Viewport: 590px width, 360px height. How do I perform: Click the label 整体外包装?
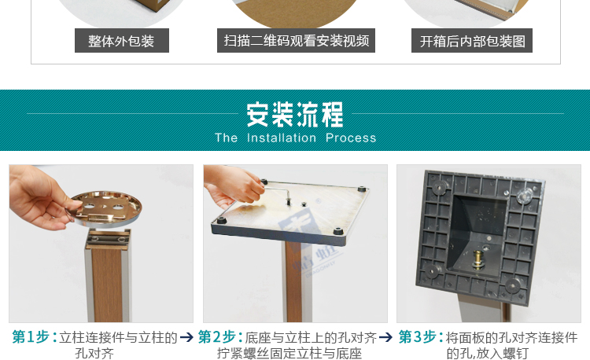point(122,41)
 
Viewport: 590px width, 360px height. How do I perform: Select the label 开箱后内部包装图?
point(472,41)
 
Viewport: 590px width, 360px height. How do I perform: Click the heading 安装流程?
point(295,115)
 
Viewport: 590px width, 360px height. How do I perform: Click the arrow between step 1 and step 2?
point(186,337)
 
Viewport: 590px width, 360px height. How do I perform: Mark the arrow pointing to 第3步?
point(385,337)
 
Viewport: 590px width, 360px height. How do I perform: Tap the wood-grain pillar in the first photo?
point(108,279)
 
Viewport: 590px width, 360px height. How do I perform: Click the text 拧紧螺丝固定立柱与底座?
point(289,353)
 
